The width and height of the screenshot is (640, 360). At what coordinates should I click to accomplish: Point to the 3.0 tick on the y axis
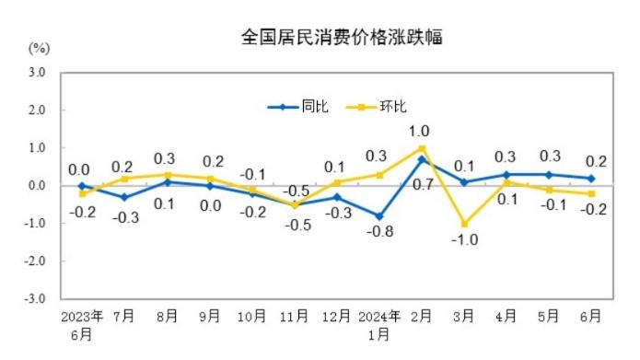click(37, 71)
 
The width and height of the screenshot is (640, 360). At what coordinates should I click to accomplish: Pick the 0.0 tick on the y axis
click(37, 185)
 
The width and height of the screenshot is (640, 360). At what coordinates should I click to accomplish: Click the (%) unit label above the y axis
click(39, 46)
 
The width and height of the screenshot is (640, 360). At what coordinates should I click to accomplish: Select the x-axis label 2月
click(422, 316)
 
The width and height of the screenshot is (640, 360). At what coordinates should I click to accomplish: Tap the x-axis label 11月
click(295, 316)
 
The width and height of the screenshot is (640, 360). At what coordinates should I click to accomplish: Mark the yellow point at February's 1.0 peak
click(422, 147)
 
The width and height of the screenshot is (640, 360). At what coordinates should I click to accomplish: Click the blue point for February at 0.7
click(422, 159)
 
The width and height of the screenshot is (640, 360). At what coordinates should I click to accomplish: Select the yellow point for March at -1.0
click(464, 224)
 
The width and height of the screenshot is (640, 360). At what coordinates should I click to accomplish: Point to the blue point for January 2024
click(379, 216)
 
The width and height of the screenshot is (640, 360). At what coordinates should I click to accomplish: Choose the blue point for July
click(124, 197)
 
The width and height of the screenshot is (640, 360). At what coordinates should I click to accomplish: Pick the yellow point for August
click(167, 174)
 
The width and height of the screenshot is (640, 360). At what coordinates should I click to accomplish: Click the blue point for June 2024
click(591, 178)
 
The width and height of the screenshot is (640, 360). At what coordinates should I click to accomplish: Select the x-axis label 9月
click(209, 316)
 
